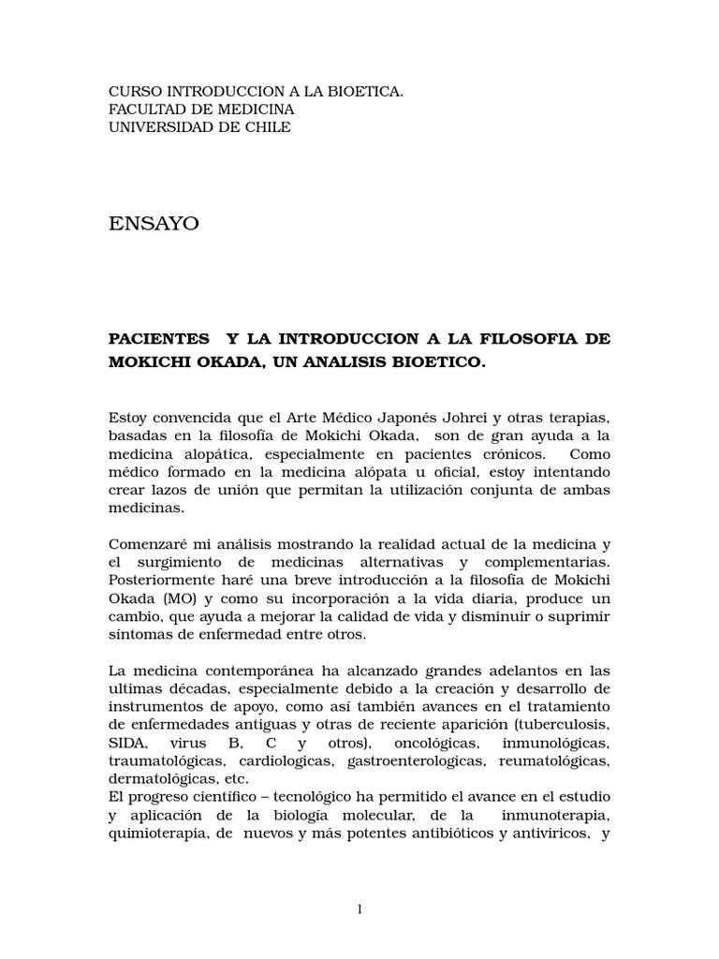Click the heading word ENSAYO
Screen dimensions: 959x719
pos(154,224)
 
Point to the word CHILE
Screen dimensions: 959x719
pos(267,127)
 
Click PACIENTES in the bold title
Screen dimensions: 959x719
pos(159,338)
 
